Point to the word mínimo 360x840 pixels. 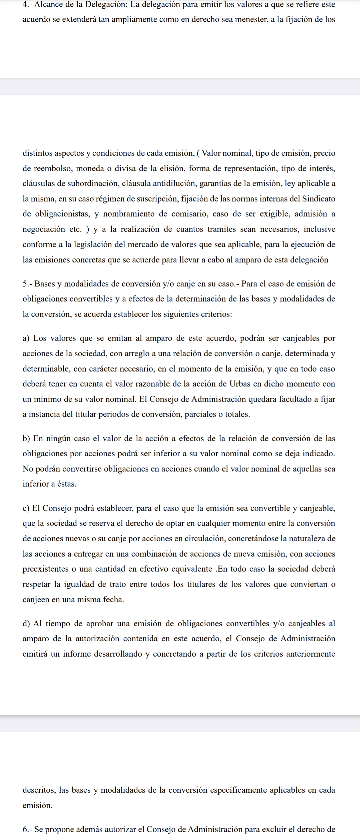click(x=43, y=399)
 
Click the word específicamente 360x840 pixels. click(x=255, y=790)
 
